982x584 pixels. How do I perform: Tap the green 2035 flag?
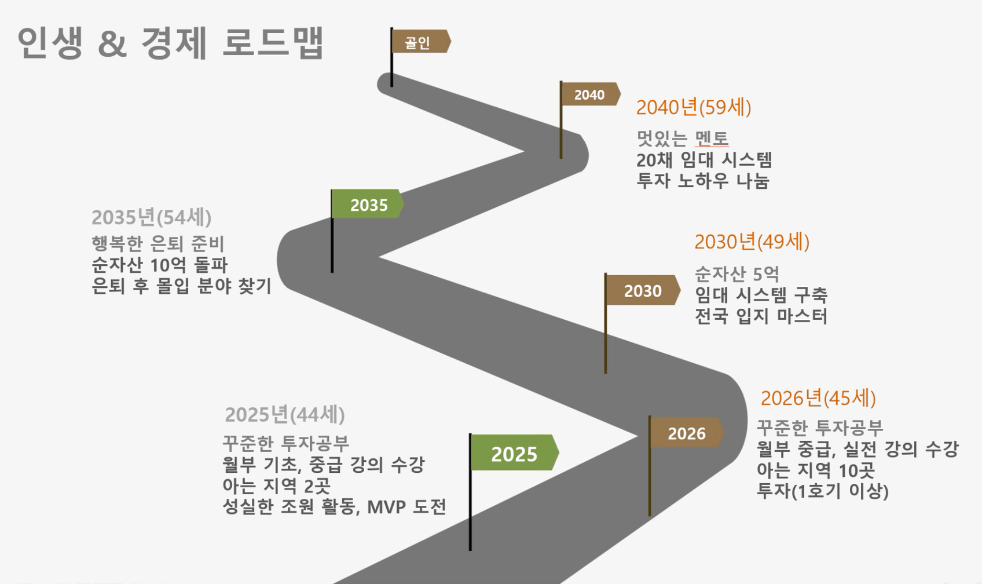367,204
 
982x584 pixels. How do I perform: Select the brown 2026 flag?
687,433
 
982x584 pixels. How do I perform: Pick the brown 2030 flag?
643,290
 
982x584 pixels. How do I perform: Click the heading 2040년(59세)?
694,108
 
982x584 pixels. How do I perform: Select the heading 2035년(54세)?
151,217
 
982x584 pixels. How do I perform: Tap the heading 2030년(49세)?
752,242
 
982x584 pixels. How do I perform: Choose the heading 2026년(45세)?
818,398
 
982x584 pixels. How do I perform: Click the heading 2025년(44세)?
285,415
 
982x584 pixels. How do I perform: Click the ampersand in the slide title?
112,44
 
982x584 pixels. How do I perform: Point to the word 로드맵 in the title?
273,42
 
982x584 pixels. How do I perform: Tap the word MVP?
386,507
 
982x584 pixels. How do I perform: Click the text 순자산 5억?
737,274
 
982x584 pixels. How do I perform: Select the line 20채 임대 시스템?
704,160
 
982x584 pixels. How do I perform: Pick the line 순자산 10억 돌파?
160,265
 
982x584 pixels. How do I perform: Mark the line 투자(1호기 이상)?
822,491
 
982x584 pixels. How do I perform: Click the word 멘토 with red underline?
712,138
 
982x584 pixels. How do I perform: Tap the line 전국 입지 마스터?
761,316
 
